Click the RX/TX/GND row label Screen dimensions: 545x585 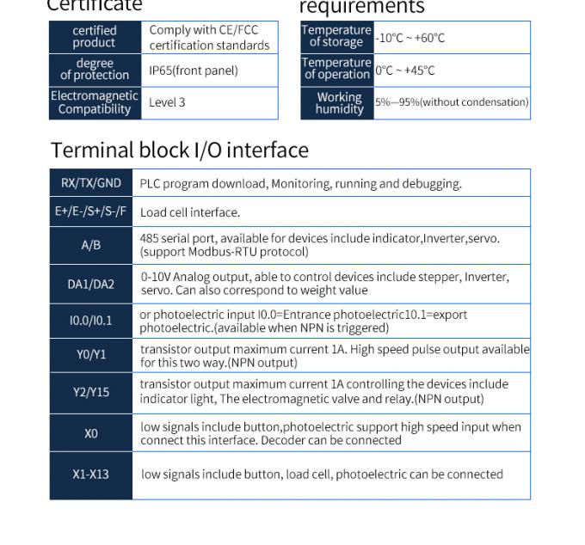pos(90,183)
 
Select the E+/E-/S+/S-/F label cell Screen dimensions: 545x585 pos(90,211)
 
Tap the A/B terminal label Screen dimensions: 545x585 pos(90,245)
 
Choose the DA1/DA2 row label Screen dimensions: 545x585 pos(90,285)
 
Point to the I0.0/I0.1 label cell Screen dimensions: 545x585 pos(90,321)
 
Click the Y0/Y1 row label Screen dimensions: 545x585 pos(90,355)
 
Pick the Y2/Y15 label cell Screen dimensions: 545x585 pos(90,391)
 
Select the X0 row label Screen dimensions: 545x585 pos(90,433)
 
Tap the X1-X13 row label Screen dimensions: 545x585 pos(90,475)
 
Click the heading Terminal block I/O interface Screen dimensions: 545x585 pos(179,150)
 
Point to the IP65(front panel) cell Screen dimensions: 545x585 pos(194,70)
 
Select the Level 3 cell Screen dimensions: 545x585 pos(167,102)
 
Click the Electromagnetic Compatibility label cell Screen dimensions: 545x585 pos(95,102)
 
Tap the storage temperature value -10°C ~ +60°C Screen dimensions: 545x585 pos(410,38)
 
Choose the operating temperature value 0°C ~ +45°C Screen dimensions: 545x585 pos(405,70)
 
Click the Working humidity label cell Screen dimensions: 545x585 pos(338,103)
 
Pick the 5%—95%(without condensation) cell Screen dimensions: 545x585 pos(452,102)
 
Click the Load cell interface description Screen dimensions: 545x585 pos(190,212)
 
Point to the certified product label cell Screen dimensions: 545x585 pos(94,37)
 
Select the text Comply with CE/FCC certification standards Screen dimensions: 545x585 pos(209,37)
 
